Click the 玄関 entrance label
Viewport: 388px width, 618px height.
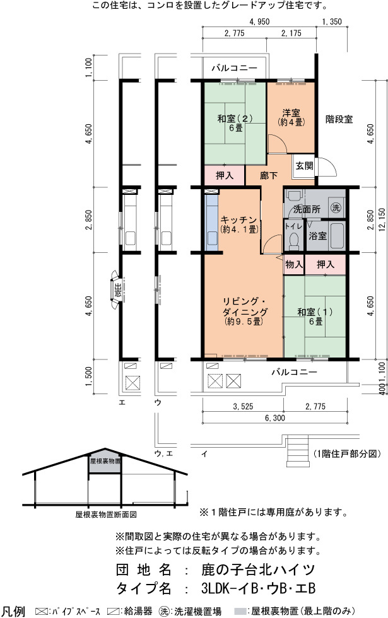coord(304,165)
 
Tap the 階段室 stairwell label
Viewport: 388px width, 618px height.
coord(339,119)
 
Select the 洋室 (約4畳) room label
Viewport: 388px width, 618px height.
coord(291,117)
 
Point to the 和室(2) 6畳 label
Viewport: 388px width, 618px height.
coord(235,123)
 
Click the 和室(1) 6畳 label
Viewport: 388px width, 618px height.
coord(315,317)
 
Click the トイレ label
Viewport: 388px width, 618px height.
coord(293,226)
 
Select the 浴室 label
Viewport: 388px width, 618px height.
coord(317,236)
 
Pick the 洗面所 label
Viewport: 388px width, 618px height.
coord(307,209)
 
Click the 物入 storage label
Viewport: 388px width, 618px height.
coord(294,264)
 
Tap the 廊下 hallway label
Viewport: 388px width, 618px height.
coord(269,175)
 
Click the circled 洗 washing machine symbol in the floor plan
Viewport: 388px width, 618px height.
coord(336,207)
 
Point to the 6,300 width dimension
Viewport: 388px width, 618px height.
coord(275,417)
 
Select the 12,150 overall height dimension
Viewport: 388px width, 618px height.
coord(382,220)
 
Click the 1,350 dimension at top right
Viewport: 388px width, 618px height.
coord(332,21)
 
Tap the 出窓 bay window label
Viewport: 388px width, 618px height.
coord(117,289)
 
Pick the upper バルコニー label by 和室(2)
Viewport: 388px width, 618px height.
coord(234,68)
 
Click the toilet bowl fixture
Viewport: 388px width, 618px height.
coord(294,241)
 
